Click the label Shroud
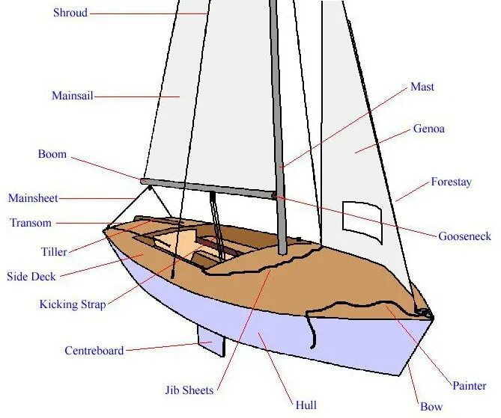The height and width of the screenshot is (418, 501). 70,13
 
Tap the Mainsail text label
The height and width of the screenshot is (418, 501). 72,96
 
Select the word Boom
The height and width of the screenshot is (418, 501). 52,155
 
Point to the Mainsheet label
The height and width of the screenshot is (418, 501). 33,198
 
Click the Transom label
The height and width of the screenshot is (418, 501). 31,223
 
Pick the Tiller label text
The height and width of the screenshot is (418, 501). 54,252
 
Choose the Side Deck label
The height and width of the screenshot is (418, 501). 31,277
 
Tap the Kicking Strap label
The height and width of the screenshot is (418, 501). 73,304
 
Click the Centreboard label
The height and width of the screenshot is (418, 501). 94,350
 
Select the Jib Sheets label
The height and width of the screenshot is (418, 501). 189,390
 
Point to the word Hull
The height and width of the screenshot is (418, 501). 306,405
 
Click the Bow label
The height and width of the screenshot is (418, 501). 431,407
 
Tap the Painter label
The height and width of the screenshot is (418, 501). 470,386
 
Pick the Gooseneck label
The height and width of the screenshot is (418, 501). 465,236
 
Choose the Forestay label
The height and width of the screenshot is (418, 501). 451,182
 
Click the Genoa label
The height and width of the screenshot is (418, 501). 429,129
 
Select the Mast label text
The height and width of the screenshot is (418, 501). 422,87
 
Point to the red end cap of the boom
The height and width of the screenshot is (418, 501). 142,180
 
